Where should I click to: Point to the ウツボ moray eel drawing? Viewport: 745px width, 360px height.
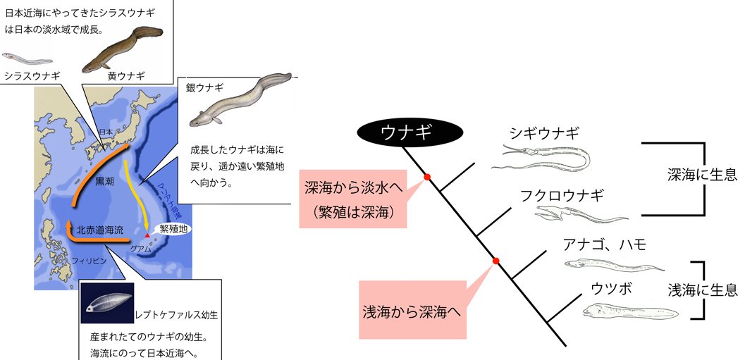click(630, 310)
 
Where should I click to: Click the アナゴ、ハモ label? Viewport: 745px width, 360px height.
click(604, 244)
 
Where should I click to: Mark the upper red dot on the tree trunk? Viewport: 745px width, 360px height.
click(426, 177)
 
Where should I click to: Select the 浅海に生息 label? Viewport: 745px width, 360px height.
click(702, 289)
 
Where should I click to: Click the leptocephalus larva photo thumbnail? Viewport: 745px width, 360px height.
click(106, 299)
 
